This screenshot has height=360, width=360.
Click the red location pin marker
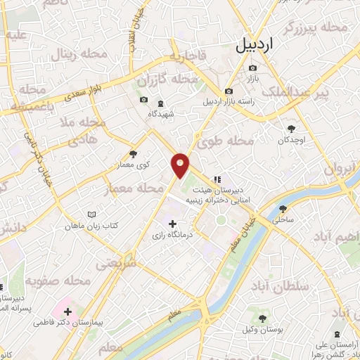pos(181,165)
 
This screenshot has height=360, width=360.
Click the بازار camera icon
pos(252,68)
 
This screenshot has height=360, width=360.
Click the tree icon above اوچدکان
pos(292,127)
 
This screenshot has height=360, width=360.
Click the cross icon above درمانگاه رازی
pos(173,224)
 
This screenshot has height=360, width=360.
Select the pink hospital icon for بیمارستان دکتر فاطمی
pos(67,311)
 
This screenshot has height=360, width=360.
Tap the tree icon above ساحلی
pos(283,209)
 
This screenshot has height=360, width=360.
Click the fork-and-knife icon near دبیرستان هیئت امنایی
pos(218,179)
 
